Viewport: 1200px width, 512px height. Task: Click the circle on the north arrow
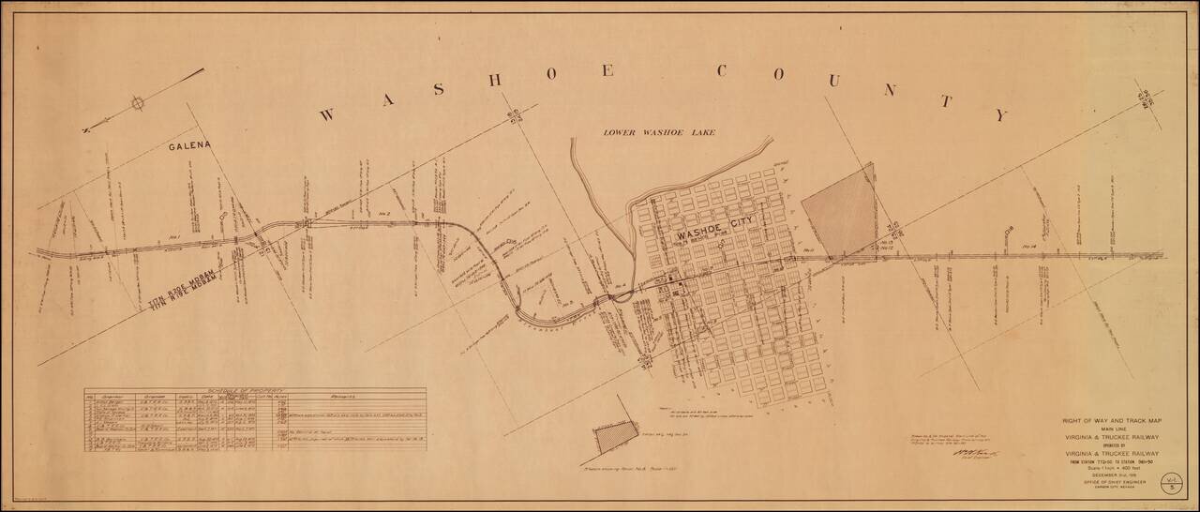pos(138,103)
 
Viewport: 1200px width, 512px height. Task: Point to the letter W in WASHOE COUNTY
pos(326,115)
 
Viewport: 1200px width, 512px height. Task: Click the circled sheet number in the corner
pos(1169,484)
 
